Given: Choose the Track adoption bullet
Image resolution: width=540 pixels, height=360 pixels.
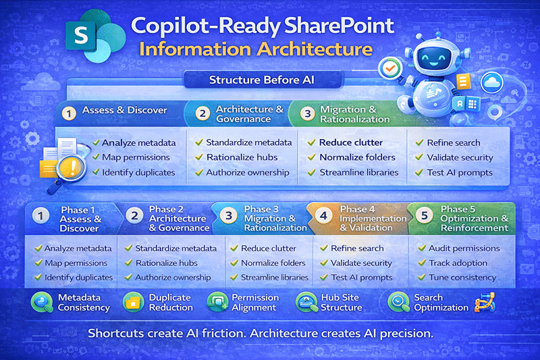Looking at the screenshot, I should tap(458, 263).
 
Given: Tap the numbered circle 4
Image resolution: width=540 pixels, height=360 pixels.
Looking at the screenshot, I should tap(324, 216).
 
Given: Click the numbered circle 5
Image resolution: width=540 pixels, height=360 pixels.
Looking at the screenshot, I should tap(424, 216).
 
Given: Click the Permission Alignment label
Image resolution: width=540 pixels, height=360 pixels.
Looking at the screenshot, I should tap(255, 302).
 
